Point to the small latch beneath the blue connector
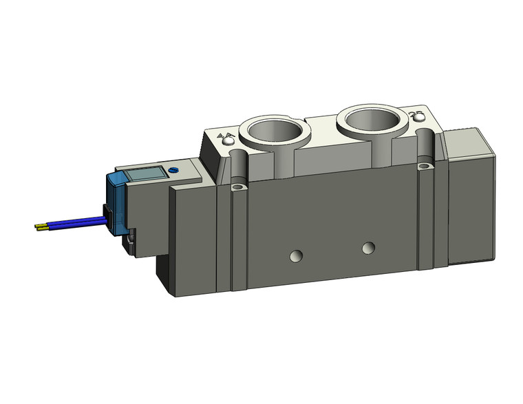pyautogui.click(x=130, y=241)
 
